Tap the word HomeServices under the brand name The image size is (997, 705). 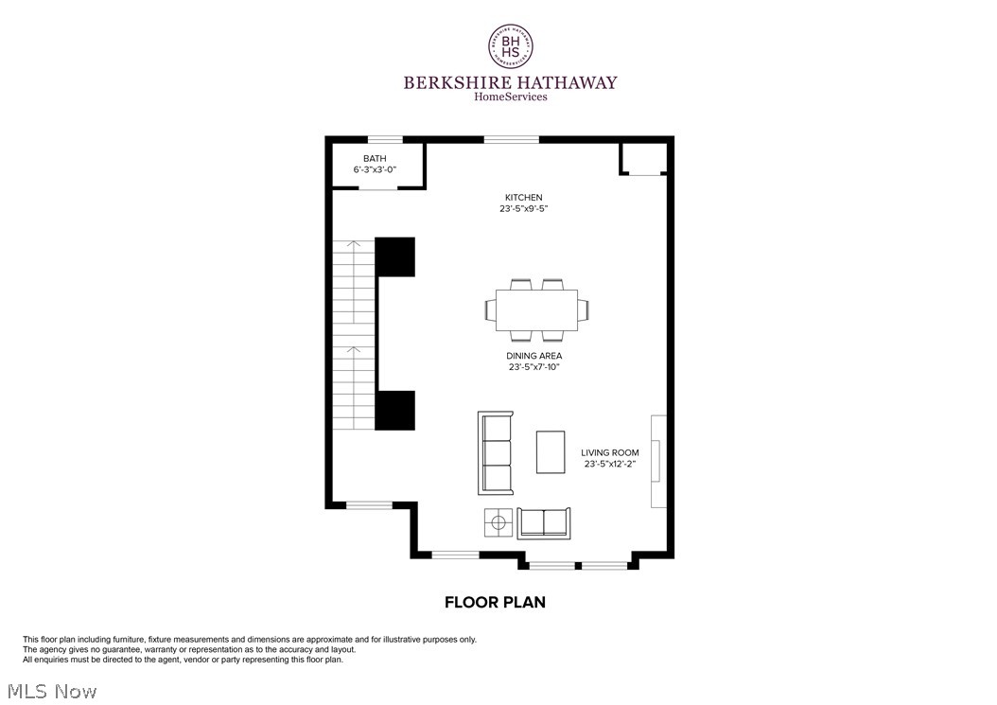coord(510,97)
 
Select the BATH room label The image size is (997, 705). coord(375,158)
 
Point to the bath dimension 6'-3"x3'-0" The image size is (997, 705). coord(375,169)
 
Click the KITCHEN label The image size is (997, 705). coord(523,198)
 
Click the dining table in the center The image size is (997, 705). coord(536,309)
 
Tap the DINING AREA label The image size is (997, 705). coord(534,356)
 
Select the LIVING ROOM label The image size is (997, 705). coord(610,453)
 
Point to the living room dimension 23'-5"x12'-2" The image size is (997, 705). coord(610,465)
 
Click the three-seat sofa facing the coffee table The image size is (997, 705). coord(496,453)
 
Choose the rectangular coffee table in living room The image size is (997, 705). coord(551,451)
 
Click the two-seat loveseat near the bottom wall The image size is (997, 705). coord(544,522)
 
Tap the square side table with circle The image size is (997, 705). coord(498,521)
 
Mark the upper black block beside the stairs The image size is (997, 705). coord(395,256)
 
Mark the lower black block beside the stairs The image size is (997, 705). coord(395,410)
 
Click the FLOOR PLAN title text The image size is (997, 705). coord(495,602)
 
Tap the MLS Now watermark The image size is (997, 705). coord(50,692)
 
